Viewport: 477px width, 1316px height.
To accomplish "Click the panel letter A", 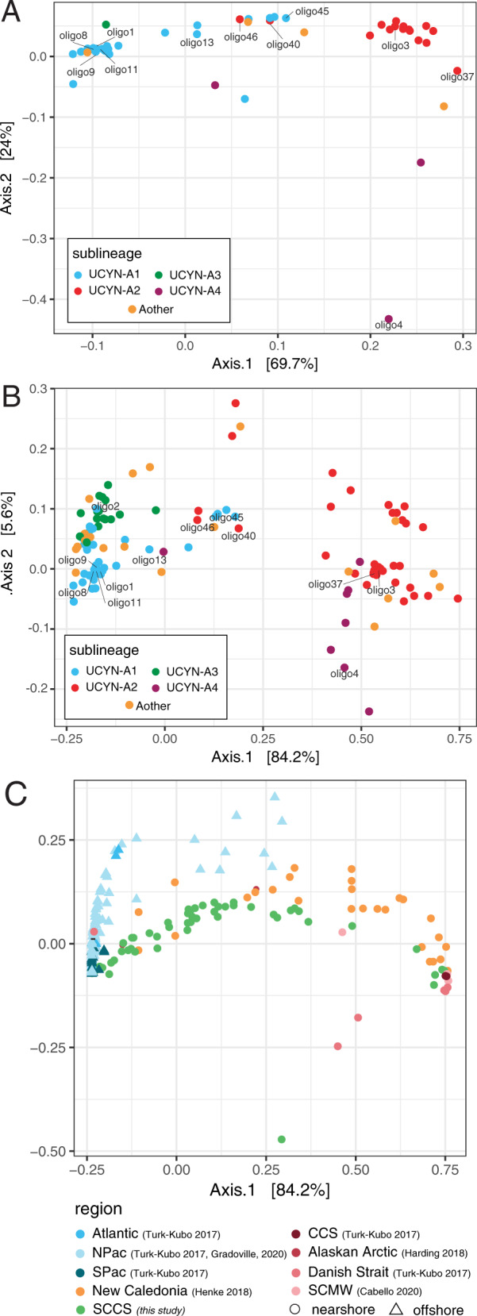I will point(13,13).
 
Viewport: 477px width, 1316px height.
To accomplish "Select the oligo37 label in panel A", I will point(456,77).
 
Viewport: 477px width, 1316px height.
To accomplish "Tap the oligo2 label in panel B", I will point(105,506).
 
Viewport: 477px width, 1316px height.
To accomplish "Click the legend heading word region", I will point(98,1209).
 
